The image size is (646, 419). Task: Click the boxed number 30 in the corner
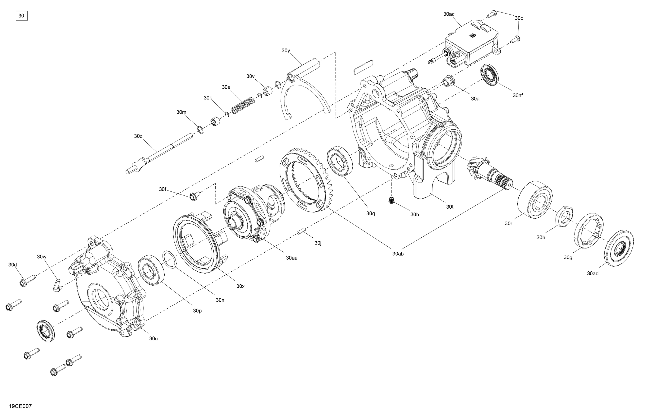point(21,16)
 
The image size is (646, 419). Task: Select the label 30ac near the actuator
point(449,14)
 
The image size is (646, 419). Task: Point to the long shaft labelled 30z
point(159,154)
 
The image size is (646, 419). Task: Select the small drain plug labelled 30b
point(391,201)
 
